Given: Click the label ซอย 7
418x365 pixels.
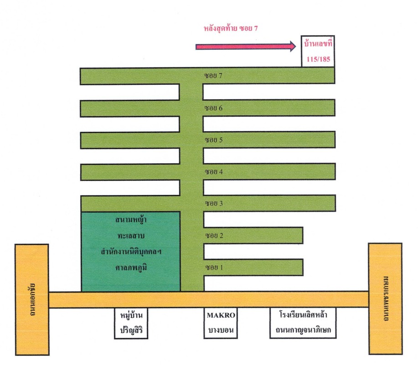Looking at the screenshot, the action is pos(213,76).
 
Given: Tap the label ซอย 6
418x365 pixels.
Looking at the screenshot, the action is pos(213,108).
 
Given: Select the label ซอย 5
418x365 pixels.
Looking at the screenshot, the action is pos(213,140).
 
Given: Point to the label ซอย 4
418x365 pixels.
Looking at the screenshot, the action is pos(213,172).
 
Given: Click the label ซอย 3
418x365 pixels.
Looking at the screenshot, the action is pos(214,204).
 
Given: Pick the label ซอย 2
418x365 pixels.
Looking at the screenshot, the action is pos(214,236).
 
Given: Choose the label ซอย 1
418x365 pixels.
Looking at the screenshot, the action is pos(214,267).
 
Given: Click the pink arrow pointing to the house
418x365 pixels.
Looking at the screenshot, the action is pos(246,46).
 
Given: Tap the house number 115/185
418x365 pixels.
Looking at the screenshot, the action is pos(318,59).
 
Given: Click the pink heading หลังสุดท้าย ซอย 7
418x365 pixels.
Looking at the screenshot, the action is pos(231,28).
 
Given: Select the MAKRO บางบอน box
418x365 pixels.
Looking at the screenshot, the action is pos(221,323).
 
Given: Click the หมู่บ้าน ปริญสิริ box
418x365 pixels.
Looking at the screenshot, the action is pos(131,323).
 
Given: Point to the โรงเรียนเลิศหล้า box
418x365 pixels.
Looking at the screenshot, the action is pos(303,323).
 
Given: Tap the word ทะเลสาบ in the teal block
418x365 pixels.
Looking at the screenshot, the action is pos(131,236).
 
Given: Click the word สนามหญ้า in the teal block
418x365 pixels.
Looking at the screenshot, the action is pos(131,220).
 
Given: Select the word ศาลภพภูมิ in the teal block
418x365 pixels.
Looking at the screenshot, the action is pos(131,267).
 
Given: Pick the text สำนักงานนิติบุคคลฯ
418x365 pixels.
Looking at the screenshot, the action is pos(131,252).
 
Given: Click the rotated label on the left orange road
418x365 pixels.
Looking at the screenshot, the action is pos(32,300).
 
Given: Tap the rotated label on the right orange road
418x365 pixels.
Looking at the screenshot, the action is pos(386,298).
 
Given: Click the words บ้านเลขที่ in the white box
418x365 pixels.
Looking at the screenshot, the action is pos(318,44).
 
